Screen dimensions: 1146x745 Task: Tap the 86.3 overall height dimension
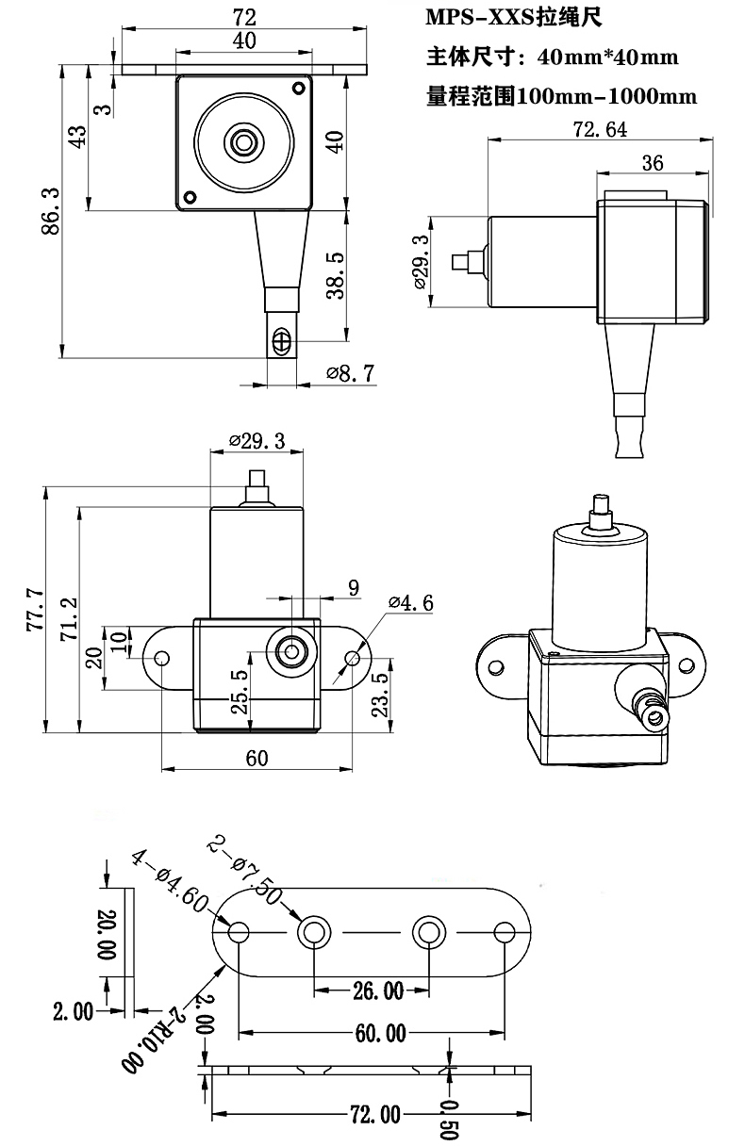pyautogui.click(x=51, y=211)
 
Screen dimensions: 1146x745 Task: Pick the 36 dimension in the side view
pyautogui.click(x=652, y=163)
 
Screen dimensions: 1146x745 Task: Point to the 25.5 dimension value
pyautogui.click(x=240, y=694)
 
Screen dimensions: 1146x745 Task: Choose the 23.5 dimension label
pyautogui.click(x=380, y=696)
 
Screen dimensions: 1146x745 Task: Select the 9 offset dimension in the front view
pyautogui.click(x=354, y=588)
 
